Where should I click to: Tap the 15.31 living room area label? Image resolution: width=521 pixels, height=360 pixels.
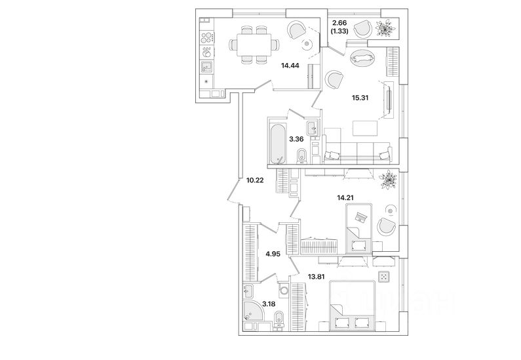tap(362, 97)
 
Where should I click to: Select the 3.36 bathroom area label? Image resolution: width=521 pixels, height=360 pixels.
tap(296, 138)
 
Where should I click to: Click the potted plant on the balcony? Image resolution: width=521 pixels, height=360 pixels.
tap(385, 28)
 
